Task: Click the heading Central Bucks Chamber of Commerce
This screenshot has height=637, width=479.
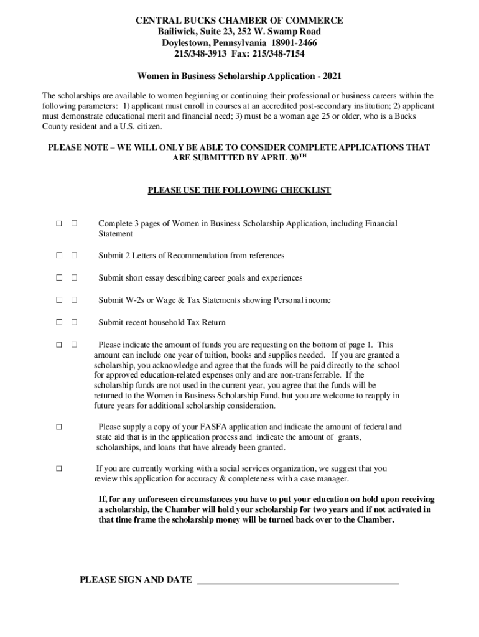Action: tap(240, 21)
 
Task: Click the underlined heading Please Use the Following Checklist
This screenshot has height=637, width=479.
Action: tap(240, 190)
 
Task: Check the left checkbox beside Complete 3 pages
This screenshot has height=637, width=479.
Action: tap(58, 223)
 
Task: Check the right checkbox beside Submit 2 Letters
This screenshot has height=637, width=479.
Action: tap(73, 256)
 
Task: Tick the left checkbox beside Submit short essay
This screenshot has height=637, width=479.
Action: tap(58, 278)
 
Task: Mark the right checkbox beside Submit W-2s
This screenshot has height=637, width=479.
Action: tap(73, 300)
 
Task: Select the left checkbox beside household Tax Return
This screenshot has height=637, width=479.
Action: tap(58, 323)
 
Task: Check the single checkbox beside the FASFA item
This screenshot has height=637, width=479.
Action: tap(58, 427)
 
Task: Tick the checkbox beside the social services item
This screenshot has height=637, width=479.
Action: tap(58, 468)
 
